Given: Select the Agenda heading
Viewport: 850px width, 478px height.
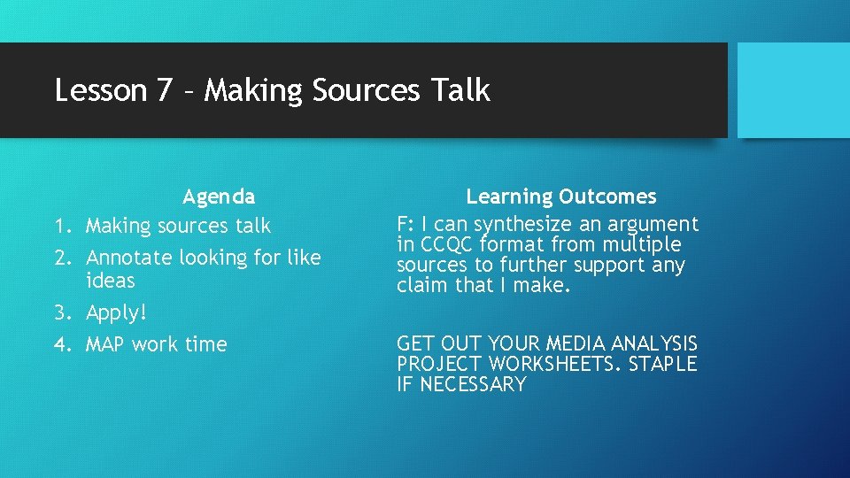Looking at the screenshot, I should pos(219,197).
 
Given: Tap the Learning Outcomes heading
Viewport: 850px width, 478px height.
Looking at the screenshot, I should pos(561,197).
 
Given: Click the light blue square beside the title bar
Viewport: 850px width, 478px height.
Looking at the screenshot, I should pos(793,90).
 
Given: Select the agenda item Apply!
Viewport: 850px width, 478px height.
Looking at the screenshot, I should pos(116,313).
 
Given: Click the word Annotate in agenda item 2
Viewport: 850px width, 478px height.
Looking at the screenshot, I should pos(129,258).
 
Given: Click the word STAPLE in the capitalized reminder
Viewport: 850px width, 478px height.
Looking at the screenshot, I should pos(662,364).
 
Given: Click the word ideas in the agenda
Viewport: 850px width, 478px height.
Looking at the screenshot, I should pos(111,281).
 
